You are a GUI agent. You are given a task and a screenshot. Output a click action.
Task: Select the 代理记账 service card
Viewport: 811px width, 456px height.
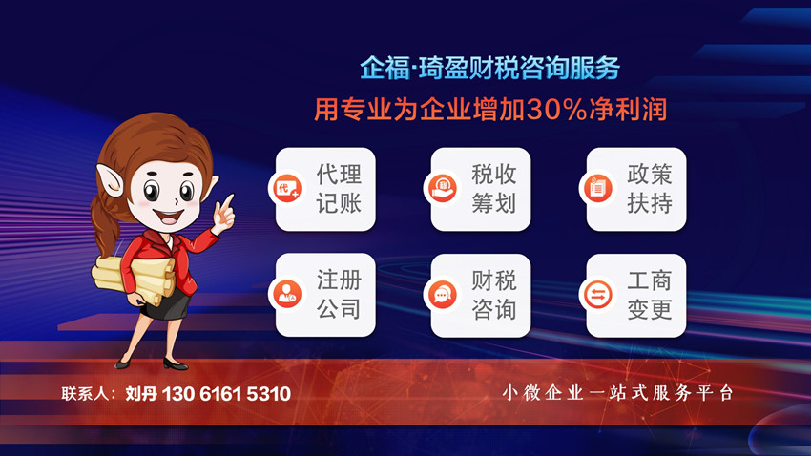325,189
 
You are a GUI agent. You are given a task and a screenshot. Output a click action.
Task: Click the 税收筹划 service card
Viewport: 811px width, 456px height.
480,189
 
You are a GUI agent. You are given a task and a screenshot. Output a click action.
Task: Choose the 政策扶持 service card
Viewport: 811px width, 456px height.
635,189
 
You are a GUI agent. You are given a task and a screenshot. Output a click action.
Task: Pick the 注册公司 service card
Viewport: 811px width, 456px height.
325,295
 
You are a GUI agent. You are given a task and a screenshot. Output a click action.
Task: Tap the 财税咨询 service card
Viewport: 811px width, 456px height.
480,295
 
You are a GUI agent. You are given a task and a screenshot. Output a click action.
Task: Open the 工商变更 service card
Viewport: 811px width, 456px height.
635,295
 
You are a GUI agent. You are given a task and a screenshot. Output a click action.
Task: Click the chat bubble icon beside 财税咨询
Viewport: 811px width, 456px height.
442,294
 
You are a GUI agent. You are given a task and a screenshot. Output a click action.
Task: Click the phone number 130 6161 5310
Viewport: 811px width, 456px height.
226,394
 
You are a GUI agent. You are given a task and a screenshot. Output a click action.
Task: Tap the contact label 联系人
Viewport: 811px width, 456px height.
88,394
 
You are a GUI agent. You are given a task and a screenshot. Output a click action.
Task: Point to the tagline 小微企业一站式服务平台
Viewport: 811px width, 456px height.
618,393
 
